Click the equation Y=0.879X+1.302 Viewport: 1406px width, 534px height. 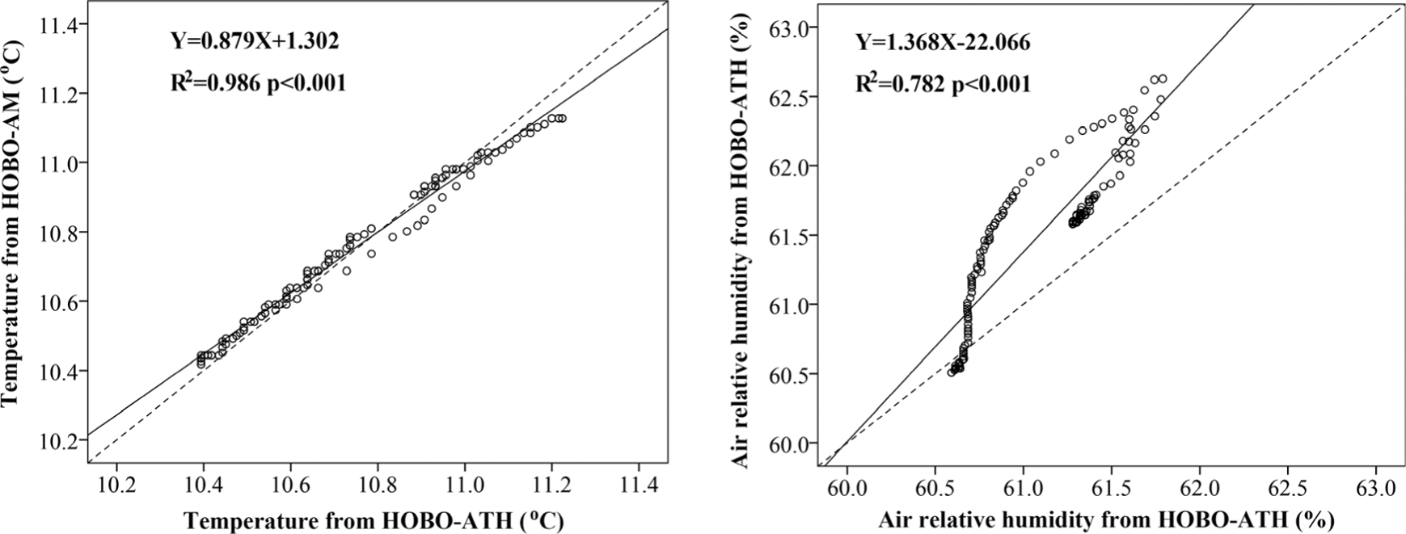255,41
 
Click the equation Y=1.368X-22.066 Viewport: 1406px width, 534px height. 943,42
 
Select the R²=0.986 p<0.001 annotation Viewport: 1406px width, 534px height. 258,82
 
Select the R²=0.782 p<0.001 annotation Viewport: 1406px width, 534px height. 944,83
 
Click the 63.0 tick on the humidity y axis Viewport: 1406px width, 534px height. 787,28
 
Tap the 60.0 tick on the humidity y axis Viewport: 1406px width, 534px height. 787,444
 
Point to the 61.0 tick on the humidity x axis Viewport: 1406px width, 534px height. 1023,489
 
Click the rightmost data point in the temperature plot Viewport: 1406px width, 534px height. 561,118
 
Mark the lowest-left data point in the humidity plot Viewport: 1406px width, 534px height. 952,372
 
